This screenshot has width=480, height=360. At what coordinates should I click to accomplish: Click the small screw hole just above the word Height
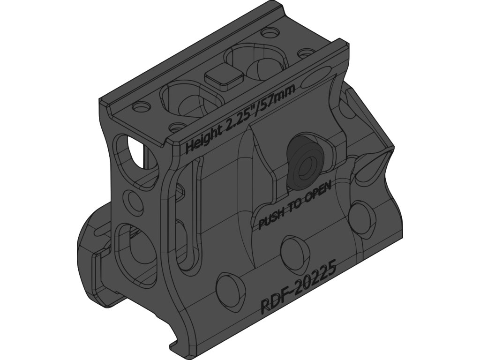(177, 127)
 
